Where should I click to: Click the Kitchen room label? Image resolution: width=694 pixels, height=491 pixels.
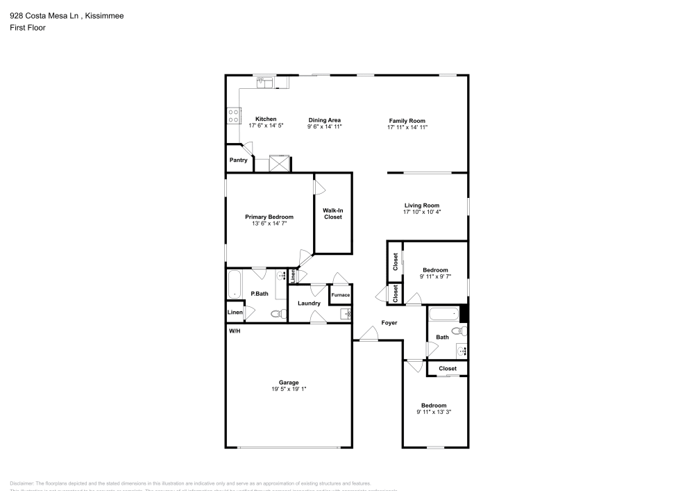pyautogui.click(x=266, y=119)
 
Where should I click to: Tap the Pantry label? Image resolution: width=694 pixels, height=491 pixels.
pyautogui.click(x=239, y=160)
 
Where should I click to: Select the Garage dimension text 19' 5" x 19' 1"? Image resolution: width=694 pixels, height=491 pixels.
pyautogui.click(x=289, y=390)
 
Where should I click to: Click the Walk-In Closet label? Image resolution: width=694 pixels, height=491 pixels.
pyautogui.click(x=333, y=213)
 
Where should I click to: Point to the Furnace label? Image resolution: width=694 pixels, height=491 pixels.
pyautogui.click(x=340, y=295)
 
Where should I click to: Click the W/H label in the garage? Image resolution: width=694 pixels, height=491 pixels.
pyautogui.click(x=235, y=331)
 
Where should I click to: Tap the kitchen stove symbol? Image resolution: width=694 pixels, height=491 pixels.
pyautogui.click(x=234, y=115)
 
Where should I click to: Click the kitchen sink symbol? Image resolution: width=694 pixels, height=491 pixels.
pyautogui.click(x=264, y=83)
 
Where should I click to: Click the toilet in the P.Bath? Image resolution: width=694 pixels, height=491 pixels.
pyautogui.click(x=278, y=314)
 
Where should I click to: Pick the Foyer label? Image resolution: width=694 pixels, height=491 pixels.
pyautogui.click(x=389, y=323)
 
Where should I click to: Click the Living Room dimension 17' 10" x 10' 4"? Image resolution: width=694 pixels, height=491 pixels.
pyautogui.click(x=422, y=213)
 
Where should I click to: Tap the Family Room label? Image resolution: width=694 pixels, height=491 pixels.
pyautogui.click(x=407, y=120)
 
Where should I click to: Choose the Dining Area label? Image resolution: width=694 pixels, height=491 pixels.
pyautogui.click(x=324, y=120)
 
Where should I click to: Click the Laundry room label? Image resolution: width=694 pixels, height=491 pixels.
pyautogui.click(x=309, y=303)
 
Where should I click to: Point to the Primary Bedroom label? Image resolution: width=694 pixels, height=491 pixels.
pyautogui.click(x=269, y=217)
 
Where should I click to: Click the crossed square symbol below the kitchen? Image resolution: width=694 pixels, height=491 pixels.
pyautogui.click(x=280, y=163)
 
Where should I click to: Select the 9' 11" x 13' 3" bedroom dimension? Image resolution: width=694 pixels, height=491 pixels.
pyautogui.click(x=434, y=413)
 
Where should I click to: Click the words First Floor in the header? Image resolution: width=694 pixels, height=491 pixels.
pyautogui.click(x=28, y=28)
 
